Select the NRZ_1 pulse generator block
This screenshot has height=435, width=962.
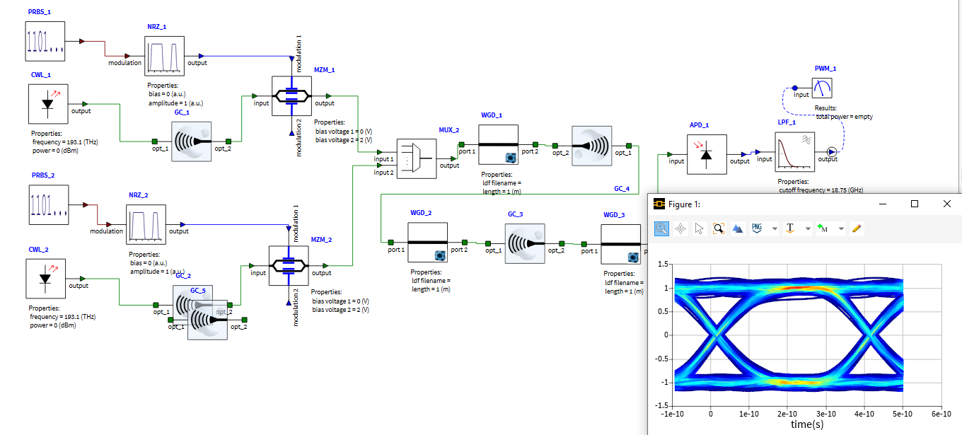click(x=164, y=56)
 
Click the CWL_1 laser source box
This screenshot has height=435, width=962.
click(x=48, y=104)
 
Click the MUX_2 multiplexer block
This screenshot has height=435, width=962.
click(x=417, y=158)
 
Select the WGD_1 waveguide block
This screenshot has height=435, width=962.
click(x=498, y=144)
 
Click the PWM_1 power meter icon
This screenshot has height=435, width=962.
click(x=822, y=88)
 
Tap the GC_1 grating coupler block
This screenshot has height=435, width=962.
click(x=192, y=141)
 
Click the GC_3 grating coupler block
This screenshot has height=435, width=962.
click(x=524, y=243)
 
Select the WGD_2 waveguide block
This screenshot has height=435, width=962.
click(x=427, y=242)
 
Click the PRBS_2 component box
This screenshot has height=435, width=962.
click(x=48, y=204)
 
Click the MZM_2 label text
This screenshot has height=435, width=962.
click(x=322, y=240)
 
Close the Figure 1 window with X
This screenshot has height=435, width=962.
click(x=946, y=204)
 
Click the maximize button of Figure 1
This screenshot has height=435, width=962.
click(x=915, y=204)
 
